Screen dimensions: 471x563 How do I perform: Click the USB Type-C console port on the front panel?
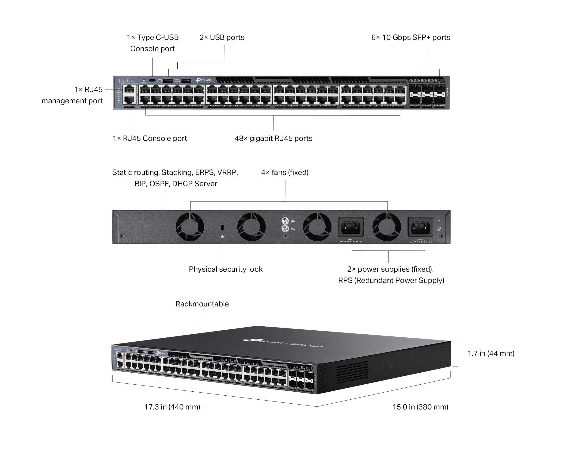point(152,80)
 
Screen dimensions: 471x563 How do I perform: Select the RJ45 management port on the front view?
point(129,90)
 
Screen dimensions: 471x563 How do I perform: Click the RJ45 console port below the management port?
point(129,100)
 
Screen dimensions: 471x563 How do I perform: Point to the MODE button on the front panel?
point(144,80)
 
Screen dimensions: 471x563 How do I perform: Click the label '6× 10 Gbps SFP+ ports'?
point(411,38)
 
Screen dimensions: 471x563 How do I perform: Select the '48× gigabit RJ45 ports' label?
point(273,139)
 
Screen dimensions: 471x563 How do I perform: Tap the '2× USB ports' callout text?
point(222,38)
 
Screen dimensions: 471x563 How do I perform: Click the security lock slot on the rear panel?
point(222,227)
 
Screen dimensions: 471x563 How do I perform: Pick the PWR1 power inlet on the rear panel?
point(420,227)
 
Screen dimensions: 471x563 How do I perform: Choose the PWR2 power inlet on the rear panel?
point(351,227)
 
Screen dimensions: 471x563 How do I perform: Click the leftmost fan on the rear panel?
point(190,227)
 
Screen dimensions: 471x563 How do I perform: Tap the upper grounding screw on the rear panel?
point(285,221)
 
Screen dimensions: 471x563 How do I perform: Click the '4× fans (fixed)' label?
point(285,173)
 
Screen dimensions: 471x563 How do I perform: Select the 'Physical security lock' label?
point(225,269)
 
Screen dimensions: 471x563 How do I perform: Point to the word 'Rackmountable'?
point(202,304)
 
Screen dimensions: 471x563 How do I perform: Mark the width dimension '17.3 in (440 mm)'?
point(172,407)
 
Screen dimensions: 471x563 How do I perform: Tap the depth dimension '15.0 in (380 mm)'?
point(420,407)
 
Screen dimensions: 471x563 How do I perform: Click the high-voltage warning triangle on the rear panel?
point(439,221)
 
